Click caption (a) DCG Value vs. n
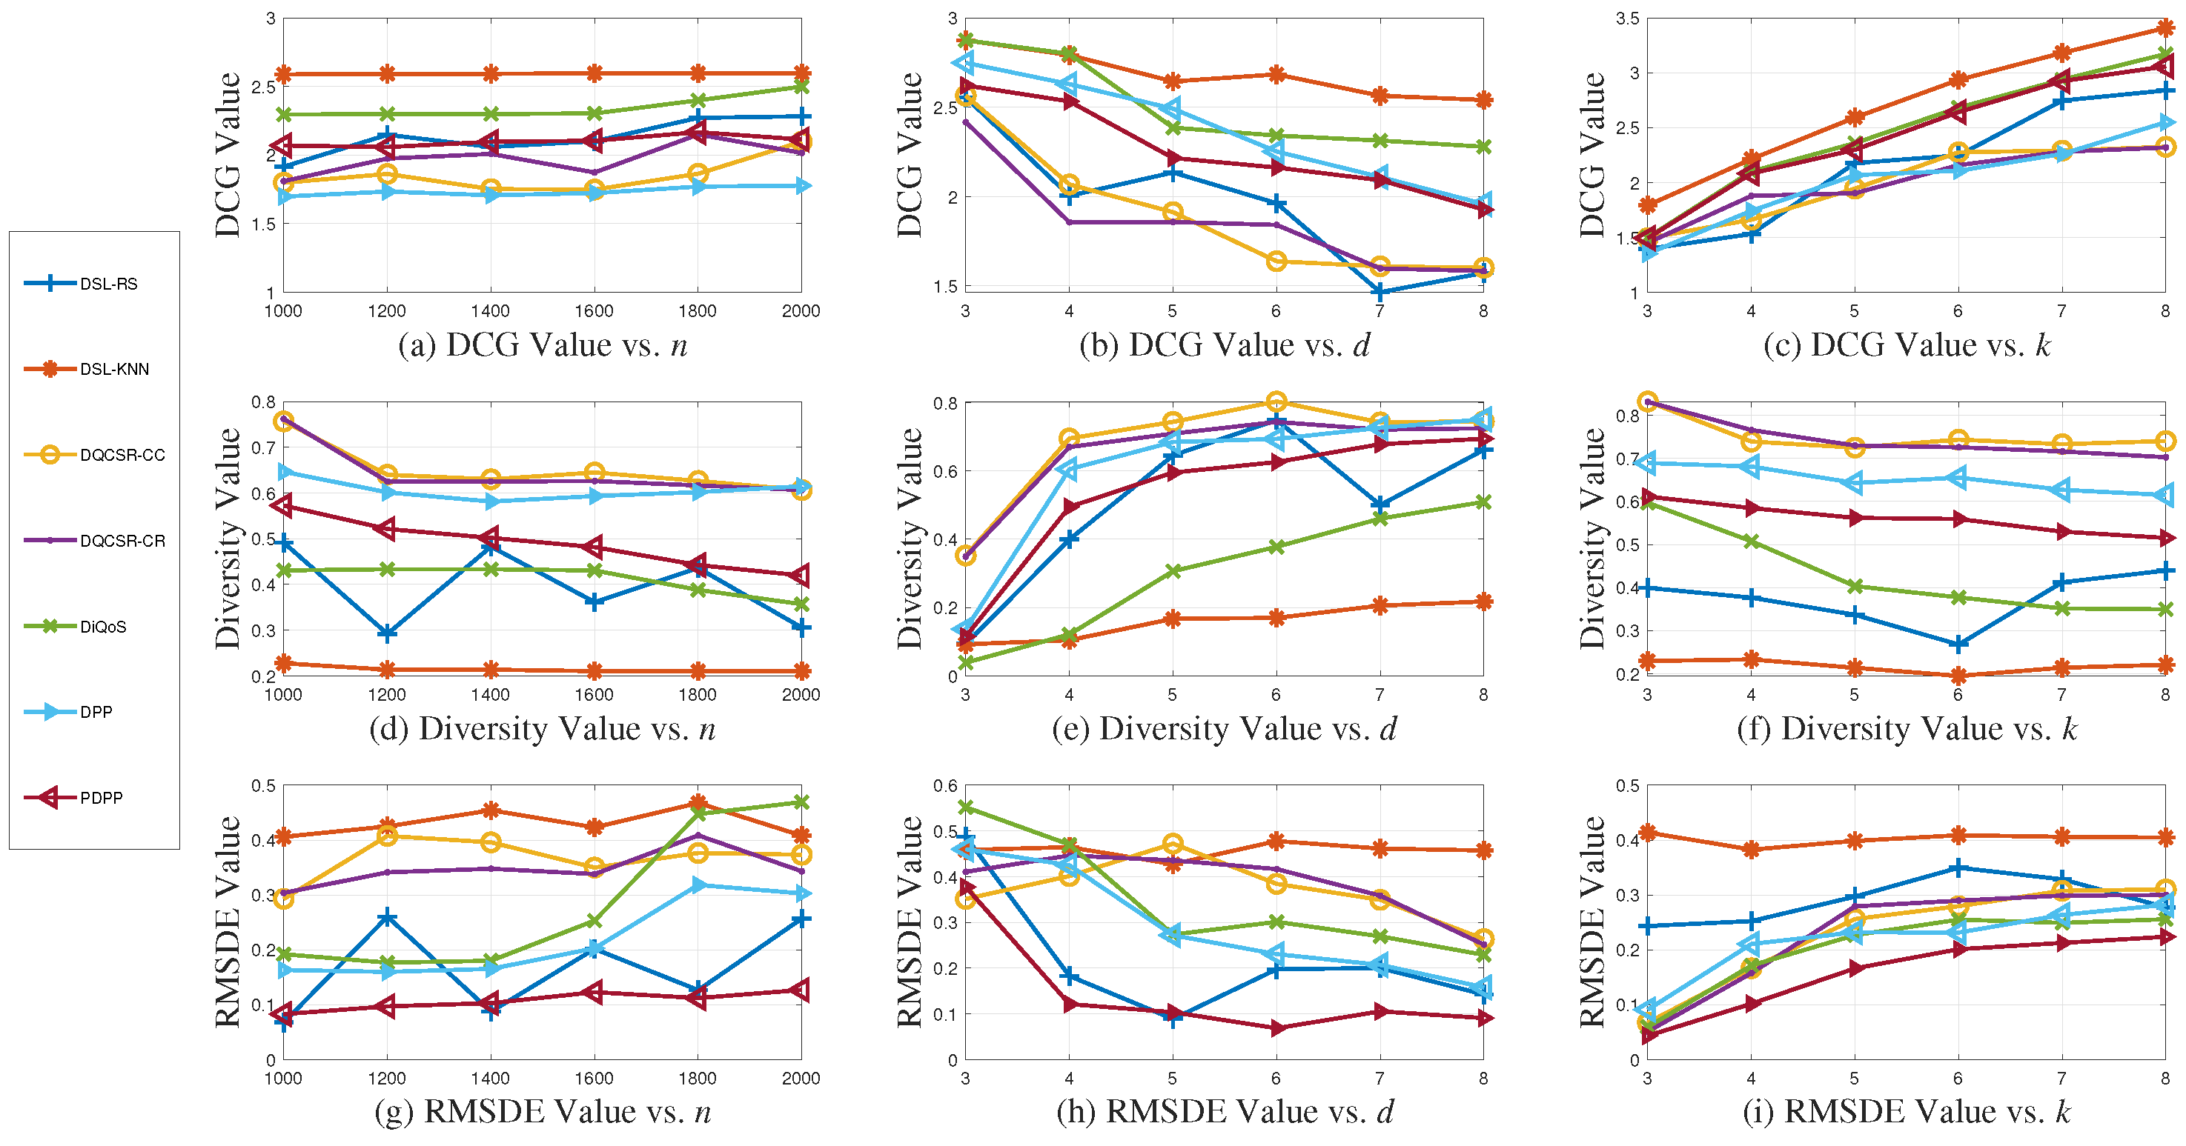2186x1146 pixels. [543, 345]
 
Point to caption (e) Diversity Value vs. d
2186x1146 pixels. [1225, 729]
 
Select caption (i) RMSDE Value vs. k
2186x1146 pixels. [1906, 1112]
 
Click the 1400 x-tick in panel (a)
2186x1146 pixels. [490, 311]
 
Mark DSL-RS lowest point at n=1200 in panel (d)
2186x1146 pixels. [387, 633]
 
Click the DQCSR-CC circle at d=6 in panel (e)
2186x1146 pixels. [1276, 402]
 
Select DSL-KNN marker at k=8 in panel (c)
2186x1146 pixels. [2165, 29]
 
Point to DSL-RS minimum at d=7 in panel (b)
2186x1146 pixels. [1380, 292]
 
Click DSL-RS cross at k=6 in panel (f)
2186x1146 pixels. [1958, 644]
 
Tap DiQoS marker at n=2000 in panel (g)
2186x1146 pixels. [801, 802]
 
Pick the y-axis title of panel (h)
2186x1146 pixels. [910, 922]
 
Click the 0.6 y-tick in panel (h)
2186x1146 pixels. [945, 786]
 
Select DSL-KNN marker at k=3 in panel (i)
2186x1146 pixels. [1647, 833]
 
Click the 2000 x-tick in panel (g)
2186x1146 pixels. [801, 1078]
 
